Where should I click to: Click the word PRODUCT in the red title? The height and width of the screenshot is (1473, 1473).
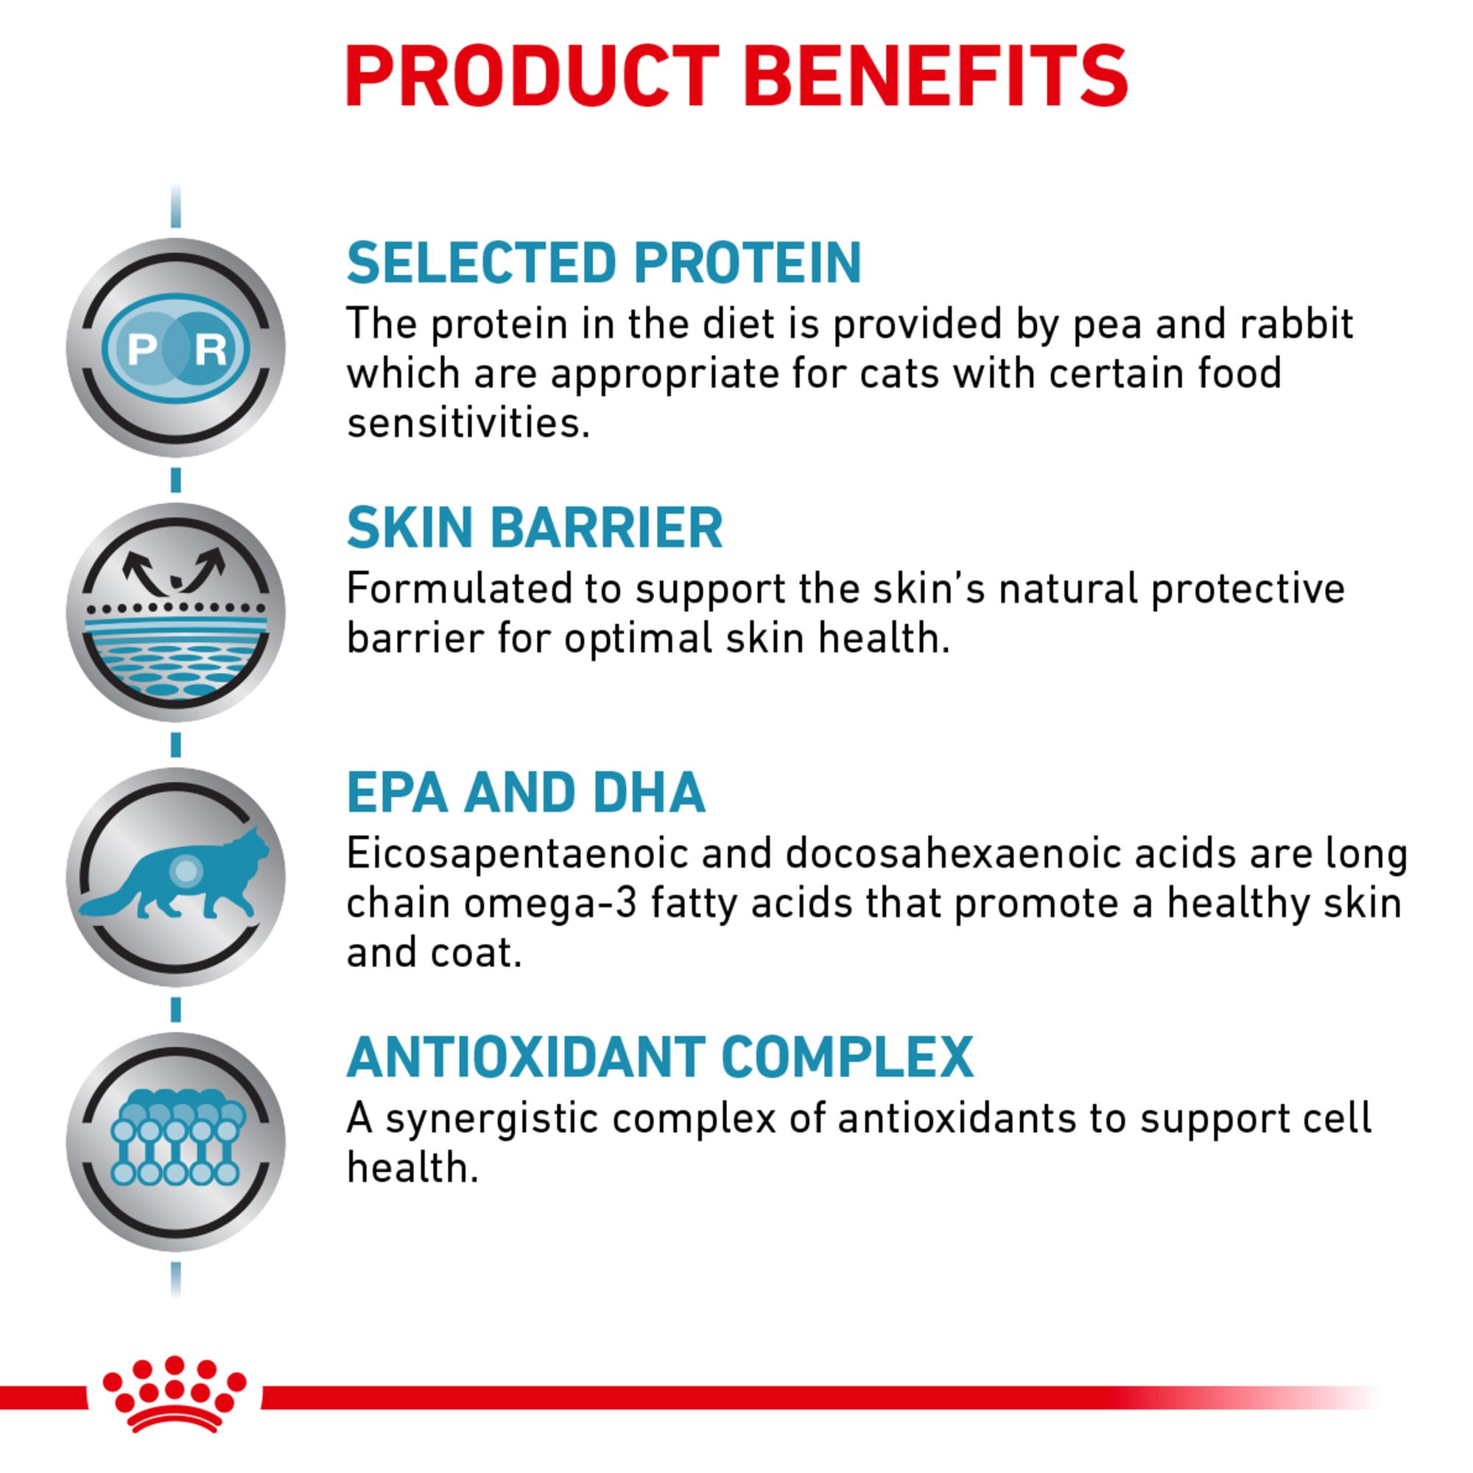point(532,77)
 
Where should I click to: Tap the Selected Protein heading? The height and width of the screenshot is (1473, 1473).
point(604,263)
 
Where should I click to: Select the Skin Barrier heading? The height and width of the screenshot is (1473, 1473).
point(535,527)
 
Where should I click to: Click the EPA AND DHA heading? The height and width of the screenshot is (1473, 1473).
point(526,793)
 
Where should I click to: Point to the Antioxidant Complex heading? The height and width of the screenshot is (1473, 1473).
point(659,1058)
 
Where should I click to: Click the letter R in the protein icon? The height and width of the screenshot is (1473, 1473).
point(211,349)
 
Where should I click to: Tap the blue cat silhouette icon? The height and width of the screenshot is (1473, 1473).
point(175,876)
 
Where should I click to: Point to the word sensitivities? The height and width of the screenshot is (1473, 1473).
point(468,423)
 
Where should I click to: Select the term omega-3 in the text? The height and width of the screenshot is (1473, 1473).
point(550,904)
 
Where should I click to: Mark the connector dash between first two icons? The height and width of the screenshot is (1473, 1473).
point(176,480)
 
